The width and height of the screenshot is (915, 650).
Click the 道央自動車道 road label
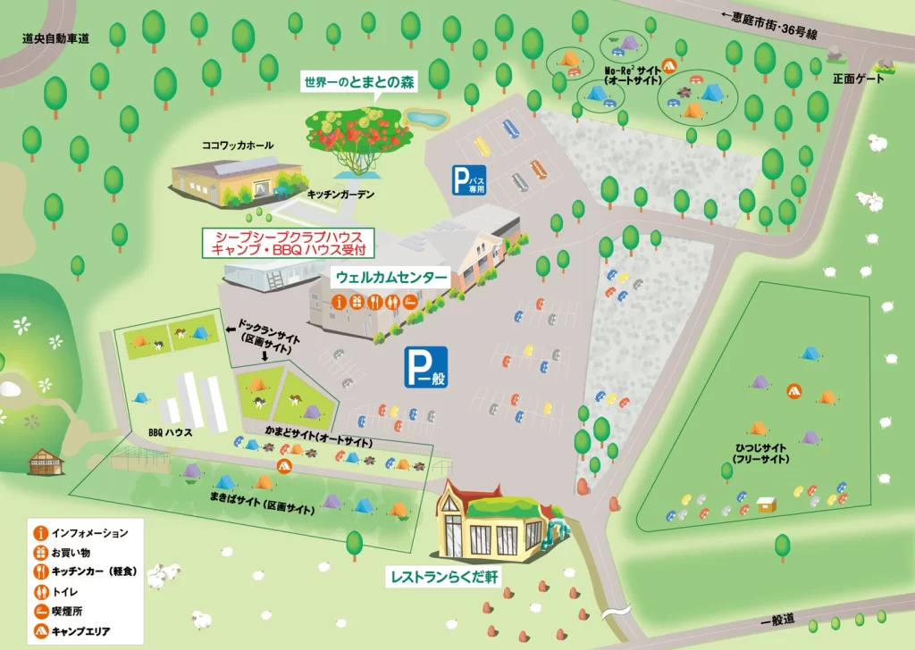pos(55,38)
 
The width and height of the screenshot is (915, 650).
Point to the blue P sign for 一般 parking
pos(424,367)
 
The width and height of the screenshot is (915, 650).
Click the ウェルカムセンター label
pos(390,278)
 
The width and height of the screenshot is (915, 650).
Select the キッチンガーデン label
pos(340,194)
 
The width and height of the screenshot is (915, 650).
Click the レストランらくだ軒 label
pos(444,577)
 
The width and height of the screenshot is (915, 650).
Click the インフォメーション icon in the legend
pos(40,533)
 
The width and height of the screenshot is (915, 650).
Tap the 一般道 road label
pos(777,620)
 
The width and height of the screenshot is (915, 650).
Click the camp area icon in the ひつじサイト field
pos(793,390)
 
